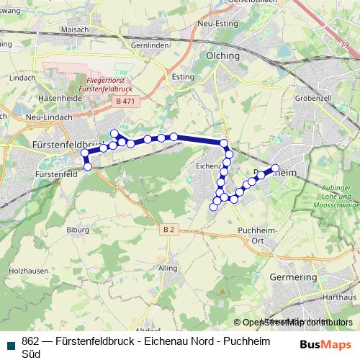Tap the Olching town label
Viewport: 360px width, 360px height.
[222, 55]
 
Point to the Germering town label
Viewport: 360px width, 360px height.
[292, 276]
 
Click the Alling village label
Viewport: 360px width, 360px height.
[167, 268]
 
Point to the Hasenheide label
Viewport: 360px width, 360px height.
[41, 98]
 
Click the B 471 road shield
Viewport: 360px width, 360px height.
[125, 102]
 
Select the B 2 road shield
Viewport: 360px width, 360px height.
[168, 229]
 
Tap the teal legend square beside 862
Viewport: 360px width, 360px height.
[10, 344]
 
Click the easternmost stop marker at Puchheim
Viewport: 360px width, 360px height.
[275, 168]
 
